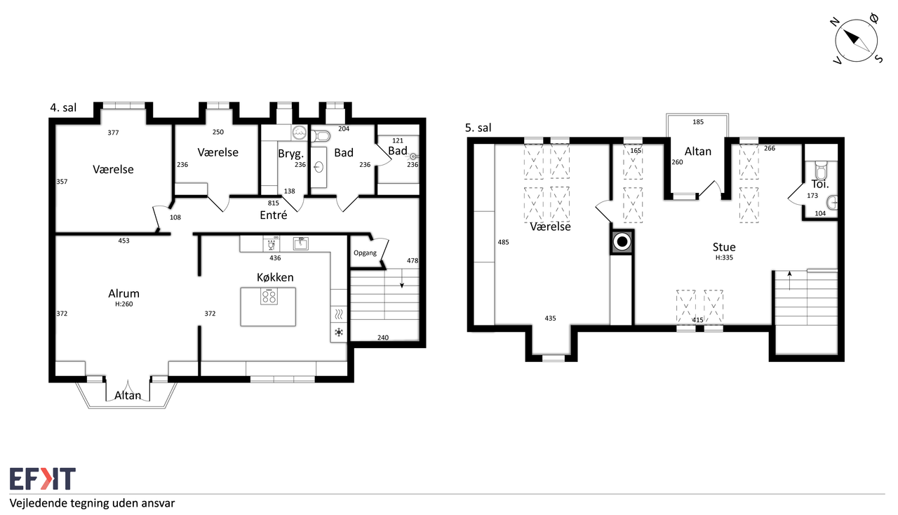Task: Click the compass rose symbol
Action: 857,41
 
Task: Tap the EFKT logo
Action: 43,479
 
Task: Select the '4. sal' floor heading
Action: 63,107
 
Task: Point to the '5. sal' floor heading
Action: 478,128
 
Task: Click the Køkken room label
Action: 275,277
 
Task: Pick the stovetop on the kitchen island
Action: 269,296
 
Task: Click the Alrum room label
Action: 124,293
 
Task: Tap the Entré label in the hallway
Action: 274,215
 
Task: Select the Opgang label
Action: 365,253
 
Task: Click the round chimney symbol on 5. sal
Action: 622,242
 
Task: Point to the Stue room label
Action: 724,247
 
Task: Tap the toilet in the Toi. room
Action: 821,170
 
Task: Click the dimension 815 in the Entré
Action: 274,203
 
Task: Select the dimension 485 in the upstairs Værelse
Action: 503,242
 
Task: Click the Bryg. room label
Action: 290,154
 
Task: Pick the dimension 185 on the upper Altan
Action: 698,121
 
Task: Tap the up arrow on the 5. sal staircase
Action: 789,280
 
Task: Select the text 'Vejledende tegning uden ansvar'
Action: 92,503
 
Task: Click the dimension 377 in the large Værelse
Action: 113,133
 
